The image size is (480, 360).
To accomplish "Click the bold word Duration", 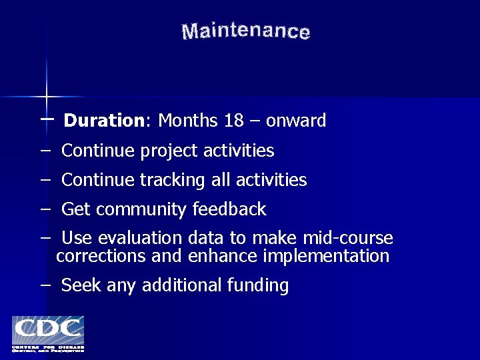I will tap(103, 121).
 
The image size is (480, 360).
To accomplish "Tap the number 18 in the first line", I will tap(234, 121).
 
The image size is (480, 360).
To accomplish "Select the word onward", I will tap(296, 121).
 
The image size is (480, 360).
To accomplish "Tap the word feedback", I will tap(229, 209).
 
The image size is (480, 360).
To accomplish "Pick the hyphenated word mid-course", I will tap(348, 239).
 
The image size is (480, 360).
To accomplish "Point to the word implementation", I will tap(326, 256).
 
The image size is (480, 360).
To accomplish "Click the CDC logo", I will tap(47, 334).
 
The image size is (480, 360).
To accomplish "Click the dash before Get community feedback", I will tap(45, 209).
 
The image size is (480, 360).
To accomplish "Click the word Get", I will tap(75, 209).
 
